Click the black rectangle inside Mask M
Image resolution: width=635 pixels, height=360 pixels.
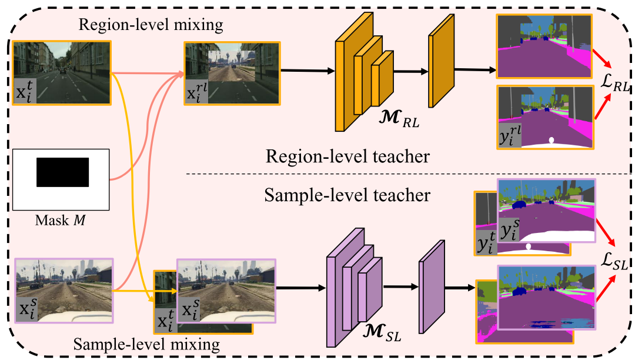click(62, 172)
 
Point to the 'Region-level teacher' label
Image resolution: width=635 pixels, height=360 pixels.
click(347, 157)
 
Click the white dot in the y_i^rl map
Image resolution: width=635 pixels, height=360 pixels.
click(551, 140)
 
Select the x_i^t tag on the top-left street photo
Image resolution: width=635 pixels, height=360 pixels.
click(25, 93)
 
